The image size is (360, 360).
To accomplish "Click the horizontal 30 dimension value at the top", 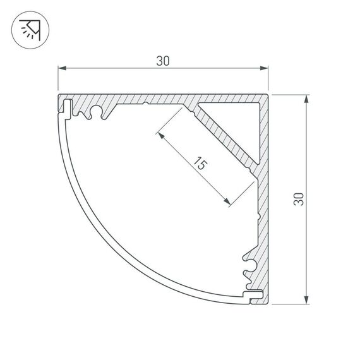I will click(163, 61).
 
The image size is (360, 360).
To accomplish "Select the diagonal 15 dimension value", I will click(199, 165).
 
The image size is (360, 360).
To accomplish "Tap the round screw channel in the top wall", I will click(98, 112).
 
